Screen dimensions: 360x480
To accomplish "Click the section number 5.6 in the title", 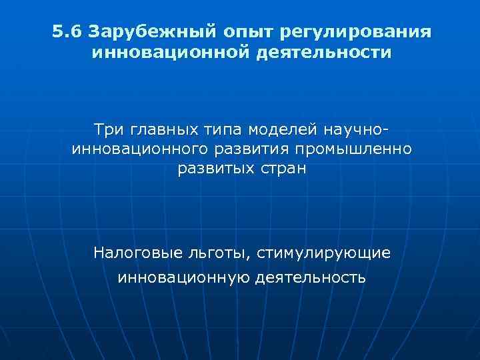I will tap(67, 32).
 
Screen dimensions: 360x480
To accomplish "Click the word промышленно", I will tap(360, 148).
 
